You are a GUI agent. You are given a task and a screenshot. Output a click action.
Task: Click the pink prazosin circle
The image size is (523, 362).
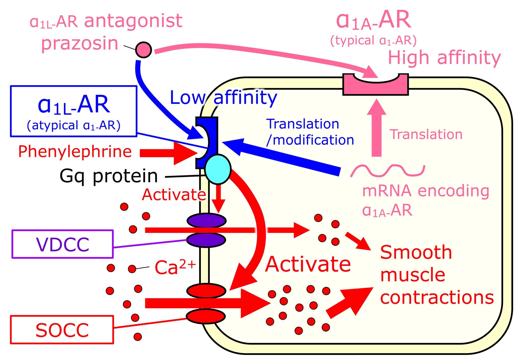[x=144, y=50]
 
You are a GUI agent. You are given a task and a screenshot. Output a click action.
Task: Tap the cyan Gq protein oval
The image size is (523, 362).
[x=218, y=169]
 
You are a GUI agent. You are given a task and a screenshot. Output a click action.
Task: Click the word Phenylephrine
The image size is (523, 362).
[x=75, y=152]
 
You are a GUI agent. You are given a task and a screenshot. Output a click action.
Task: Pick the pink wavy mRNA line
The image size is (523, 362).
[x=387, y=171]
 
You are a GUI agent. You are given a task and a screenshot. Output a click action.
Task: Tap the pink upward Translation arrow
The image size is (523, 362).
[x=376, y=128]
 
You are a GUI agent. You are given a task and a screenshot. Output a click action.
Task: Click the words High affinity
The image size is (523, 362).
[x=444, y=58]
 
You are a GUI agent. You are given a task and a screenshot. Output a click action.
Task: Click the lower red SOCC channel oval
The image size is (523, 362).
[x=206, y=316]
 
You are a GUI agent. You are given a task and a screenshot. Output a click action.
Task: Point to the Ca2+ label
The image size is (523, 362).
[x=175, y=267]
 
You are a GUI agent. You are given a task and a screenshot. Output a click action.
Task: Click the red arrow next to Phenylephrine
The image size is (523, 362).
[x=169, y=153]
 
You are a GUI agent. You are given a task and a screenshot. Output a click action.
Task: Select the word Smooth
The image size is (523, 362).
[x=416, y=252]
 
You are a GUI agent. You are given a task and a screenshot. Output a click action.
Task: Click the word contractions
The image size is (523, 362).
[x=437, y=297]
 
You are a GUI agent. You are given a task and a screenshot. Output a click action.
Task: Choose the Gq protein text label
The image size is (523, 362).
[x=109, y=176]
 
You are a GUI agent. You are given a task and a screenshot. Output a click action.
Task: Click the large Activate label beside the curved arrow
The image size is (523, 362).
[x=308, y=264]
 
